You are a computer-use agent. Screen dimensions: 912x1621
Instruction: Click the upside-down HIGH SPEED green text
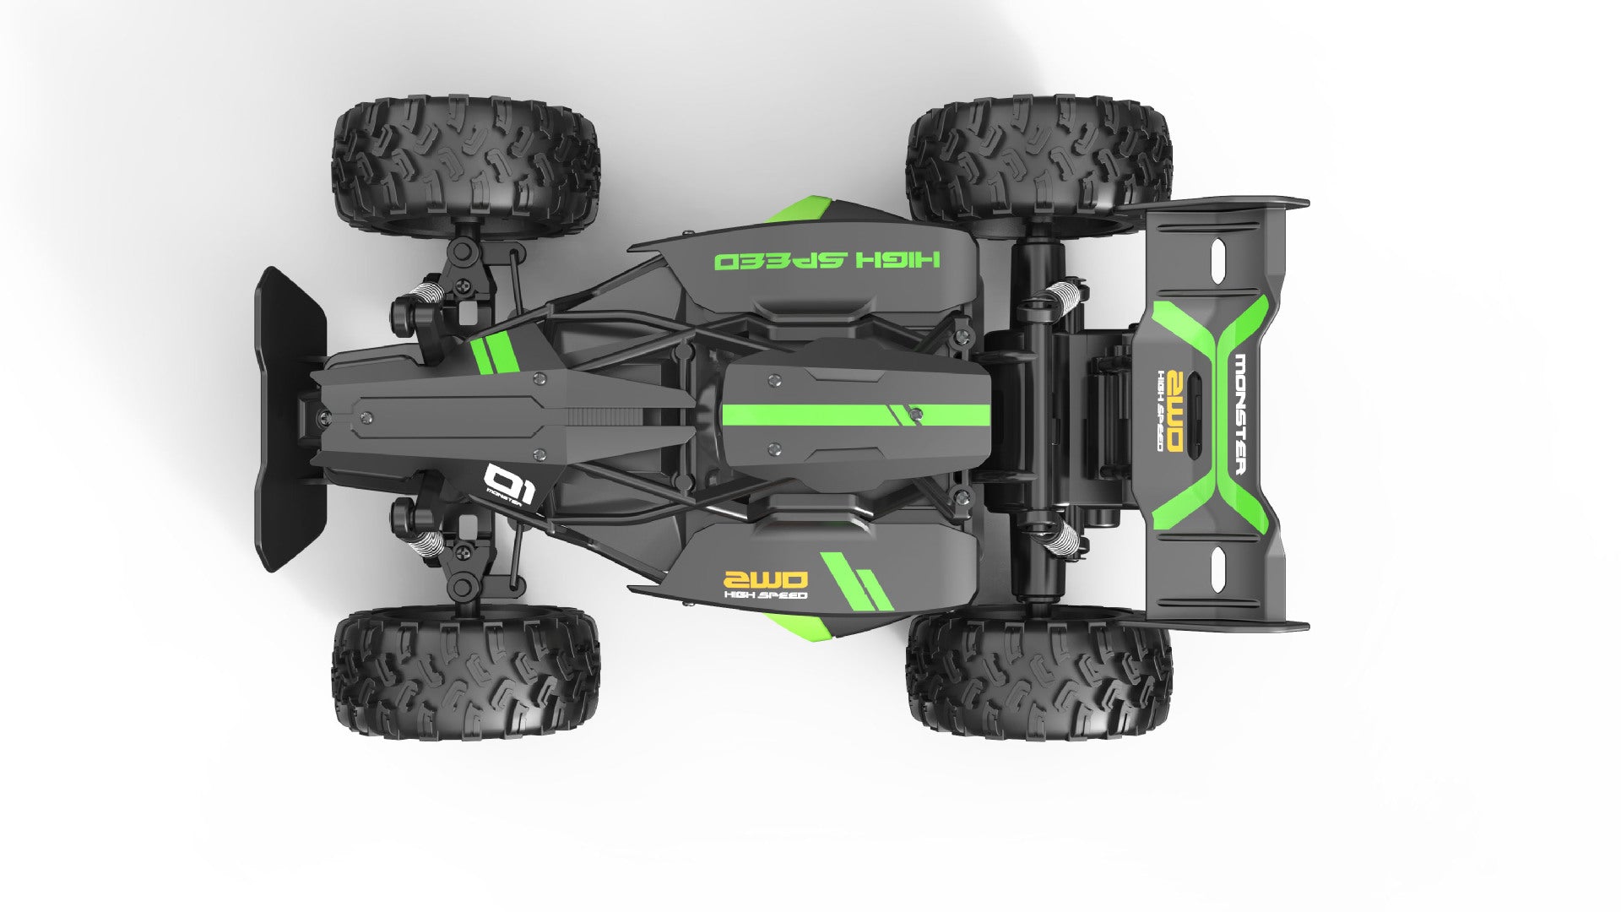pos(827,259)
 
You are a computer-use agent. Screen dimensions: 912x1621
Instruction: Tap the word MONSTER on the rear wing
pos(1239,415)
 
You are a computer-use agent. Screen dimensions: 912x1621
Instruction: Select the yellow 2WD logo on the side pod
pos(766,579)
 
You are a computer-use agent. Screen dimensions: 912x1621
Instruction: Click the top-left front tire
pos(465,165)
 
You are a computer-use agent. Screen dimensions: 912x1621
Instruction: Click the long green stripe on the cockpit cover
pos(853,415)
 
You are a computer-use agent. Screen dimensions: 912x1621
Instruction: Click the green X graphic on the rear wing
pos(1212,414)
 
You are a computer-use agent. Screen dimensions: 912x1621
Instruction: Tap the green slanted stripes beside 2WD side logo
pos(857,581)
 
